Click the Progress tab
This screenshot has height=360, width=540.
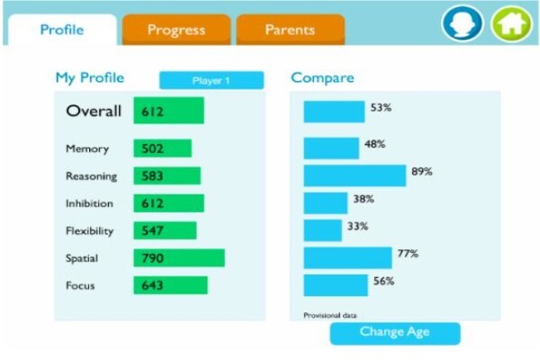click(176, 30)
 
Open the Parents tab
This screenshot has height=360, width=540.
click(291, 30)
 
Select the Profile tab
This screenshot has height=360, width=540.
click(62, 30)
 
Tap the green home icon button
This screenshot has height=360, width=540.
click(512, 23)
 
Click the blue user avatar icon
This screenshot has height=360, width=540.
click(463, 23)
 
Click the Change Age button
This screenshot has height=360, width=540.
click(395, 333)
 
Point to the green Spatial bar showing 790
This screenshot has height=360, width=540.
click(179, 257)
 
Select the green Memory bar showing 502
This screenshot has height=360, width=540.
click(163, 148)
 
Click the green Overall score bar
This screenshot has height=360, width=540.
click(169, 111)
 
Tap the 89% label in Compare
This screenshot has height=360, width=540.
click(422, 172)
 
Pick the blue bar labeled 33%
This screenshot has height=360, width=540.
click(323, 230)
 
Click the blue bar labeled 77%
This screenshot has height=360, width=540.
click(347, 257)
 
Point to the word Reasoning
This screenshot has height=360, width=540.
click(91, 176)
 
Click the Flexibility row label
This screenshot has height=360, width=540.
click(89, 230)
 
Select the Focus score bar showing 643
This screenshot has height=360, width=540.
click(170, 285)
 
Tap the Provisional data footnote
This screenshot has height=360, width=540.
click(330, 315)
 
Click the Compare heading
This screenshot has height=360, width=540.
click(322, 78)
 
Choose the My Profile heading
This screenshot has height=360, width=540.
click(90, 78)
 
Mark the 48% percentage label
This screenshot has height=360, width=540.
click(374, 144)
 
